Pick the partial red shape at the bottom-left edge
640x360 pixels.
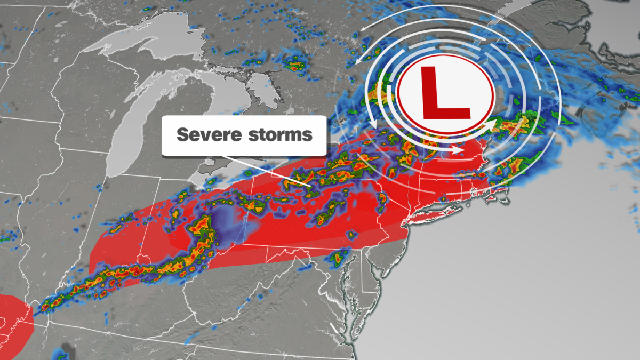coord(13,320)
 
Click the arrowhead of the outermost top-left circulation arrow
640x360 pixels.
coord(362,30)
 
